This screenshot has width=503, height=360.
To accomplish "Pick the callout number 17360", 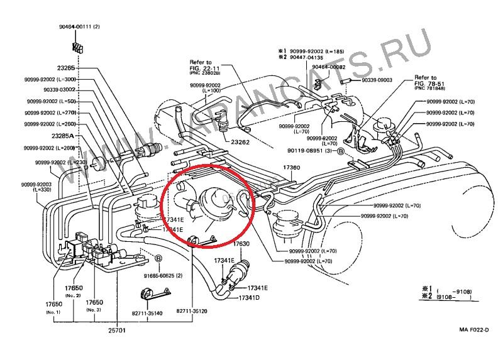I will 291,168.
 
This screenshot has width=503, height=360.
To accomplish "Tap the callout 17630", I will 242,243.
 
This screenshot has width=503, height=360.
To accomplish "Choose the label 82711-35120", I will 192,310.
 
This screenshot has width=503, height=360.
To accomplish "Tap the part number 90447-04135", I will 309,56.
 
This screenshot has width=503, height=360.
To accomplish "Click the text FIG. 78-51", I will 429,83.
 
